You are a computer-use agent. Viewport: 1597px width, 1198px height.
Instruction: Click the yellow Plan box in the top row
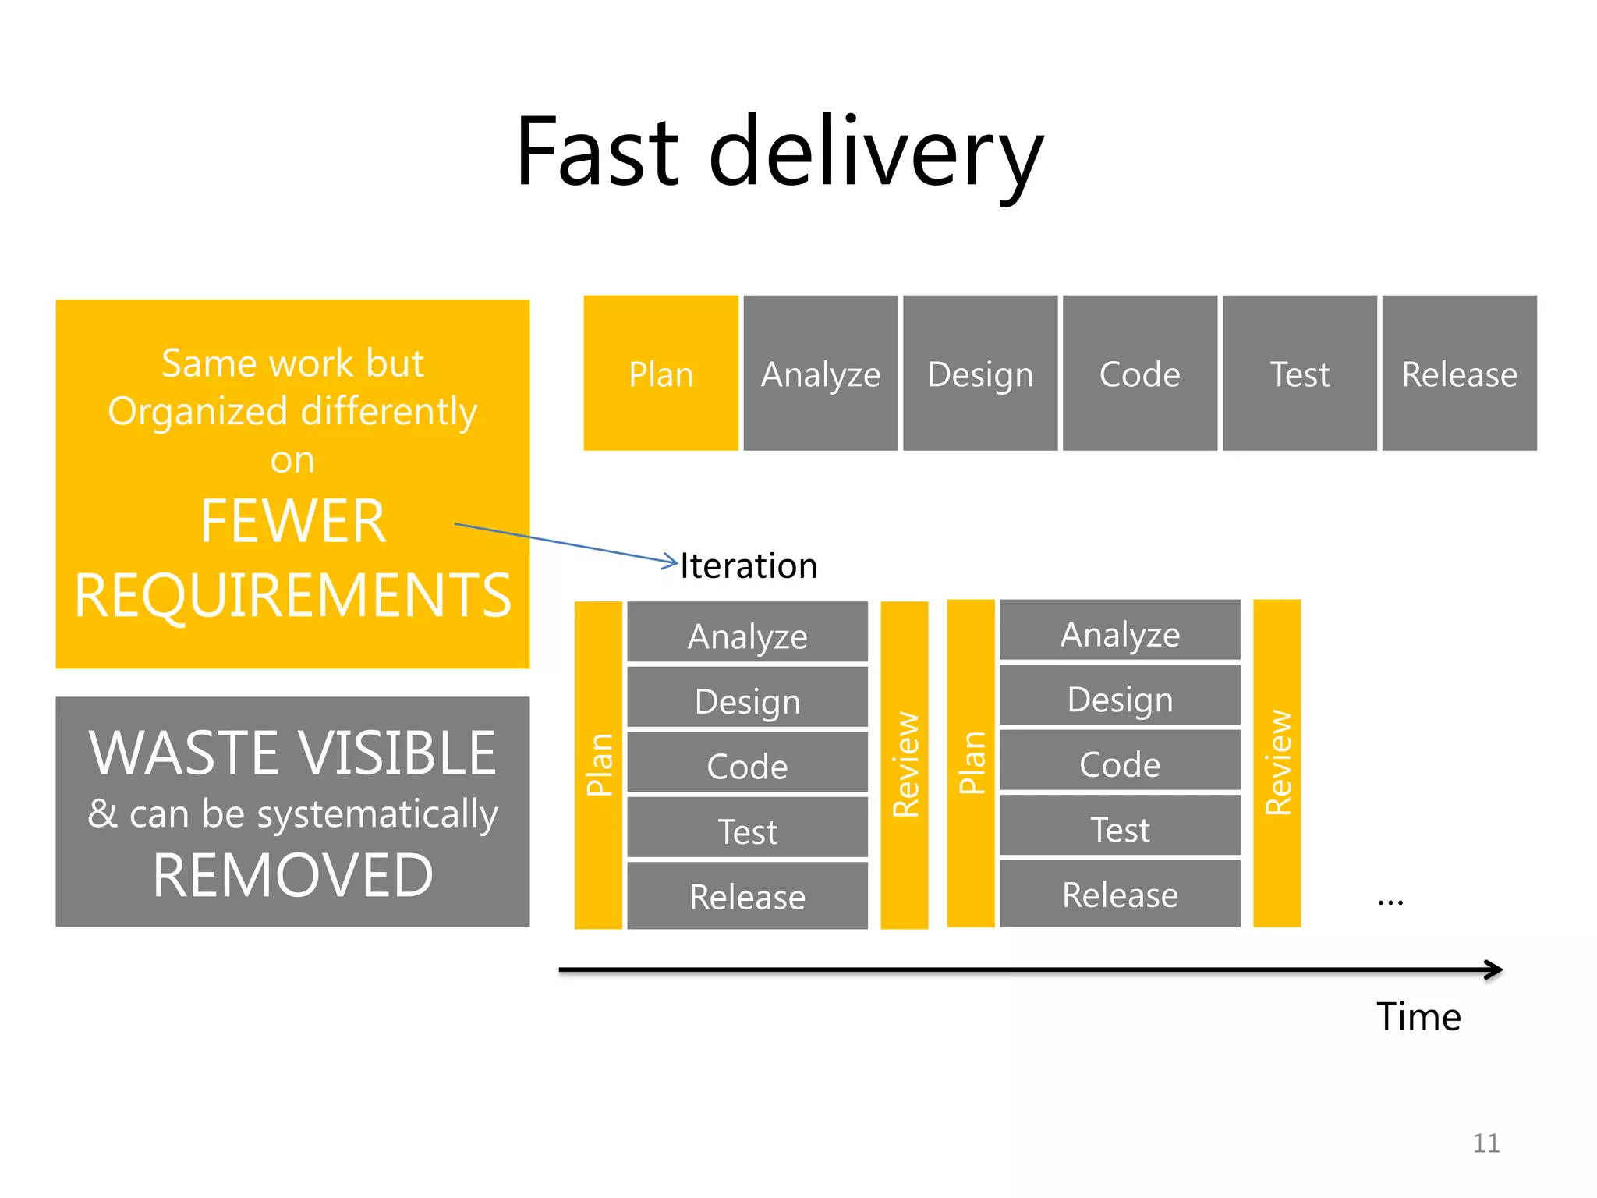click(660, 373)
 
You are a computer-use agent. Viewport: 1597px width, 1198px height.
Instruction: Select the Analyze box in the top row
click(820, 373)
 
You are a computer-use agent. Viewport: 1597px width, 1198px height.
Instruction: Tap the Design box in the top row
click(980, 373)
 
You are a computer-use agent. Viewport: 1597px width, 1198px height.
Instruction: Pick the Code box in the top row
click(1139, 373)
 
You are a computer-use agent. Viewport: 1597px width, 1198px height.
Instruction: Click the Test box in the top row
click(1299, 373)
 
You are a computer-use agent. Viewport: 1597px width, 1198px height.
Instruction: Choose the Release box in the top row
click(1459, 373)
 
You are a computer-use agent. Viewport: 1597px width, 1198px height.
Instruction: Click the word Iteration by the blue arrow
click(749, 565)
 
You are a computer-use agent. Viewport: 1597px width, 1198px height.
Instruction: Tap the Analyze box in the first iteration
click(747, 633)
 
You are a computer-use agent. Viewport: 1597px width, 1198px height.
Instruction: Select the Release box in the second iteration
click(1120, 894)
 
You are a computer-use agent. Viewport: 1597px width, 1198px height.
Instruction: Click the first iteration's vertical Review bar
click(905, 764)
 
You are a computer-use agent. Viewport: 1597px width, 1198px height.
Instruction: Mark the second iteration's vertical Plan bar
click(971, 763)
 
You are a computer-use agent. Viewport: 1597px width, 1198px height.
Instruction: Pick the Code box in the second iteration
click(1120, 763)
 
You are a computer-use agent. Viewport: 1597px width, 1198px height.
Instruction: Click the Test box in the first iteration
click(747, 829)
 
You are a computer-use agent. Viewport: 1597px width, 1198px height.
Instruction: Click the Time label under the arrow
click(1418, 1016)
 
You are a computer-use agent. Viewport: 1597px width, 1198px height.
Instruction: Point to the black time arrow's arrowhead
click(1495, 969)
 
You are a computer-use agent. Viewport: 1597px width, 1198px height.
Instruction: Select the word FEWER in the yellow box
click(292, 521)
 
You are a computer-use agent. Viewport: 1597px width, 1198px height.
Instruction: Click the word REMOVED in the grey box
click(292, 875)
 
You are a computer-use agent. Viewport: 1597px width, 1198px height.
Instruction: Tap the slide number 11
click(1485, 1143)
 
